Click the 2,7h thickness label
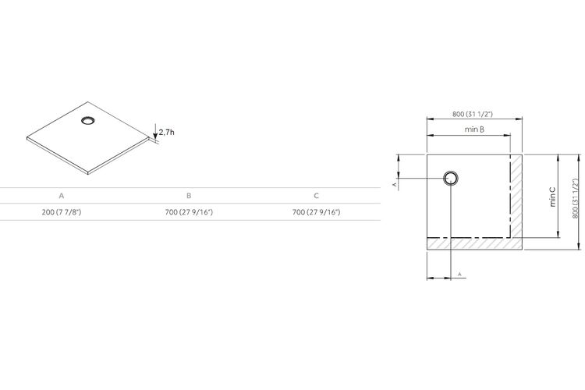click(x=166, y=132)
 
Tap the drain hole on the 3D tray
click(x=88, y=121)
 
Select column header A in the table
click(x=62, y=196)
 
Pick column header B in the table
click(x=189, y=196)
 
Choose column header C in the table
click(x=317, y=196)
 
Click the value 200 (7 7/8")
click(x=62, y=212)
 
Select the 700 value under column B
click(x=189, y=212)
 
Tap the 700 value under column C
click(x=317, y=212)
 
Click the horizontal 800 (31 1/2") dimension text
click(x=473, y=114)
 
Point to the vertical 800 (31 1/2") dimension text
click(x=576, y=198)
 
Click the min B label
click(x=474, y=129)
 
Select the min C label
click(x=552, y=197)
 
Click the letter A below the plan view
click(x=459, y=274)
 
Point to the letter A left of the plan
click(x=394, y=184)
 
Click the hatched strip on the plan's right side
click(x=516, y=196)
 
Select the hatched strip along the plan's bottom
click(x=474, y=243)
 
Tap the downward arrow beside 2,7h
click(x=155, y=131)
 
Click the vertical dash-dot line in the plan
click(x=510, y=196)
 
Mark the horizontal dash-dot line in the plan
click(x=469, y=237)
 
